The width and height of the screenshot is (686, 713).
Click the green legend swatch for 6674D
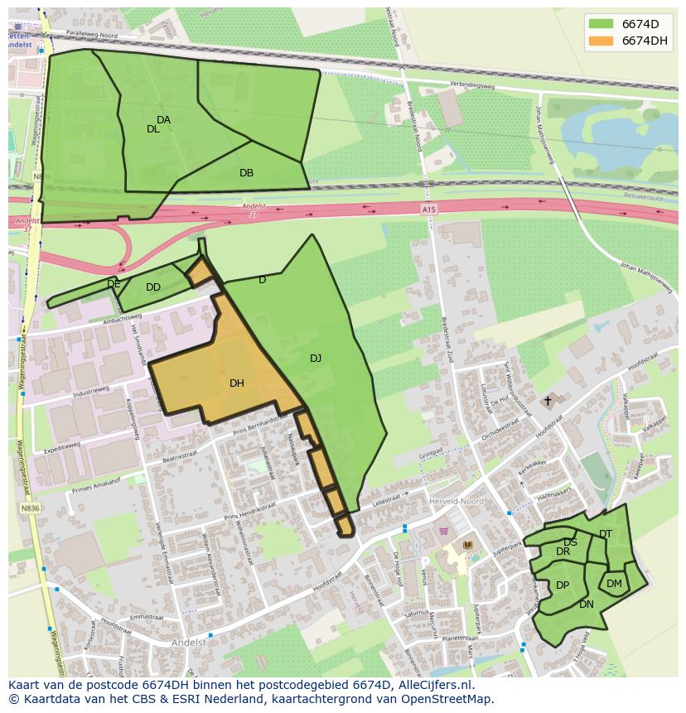pyautogui.click(x=602, y=24)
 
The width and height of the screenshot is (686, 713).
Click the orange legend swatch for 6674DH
pyautogui.click(x=602, y=41)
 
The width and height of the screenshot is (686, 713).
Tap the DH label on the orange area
pyautogui.click(x=237, y=383)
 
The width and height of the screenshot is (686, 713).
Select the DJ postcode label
pyautogui.click(x=316, y=359)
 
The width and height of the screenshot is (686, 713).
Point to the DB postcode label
pyautogui.click(x=246, y=173)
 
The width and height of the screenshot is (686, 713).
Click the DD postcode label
pyautogui.click(x=153, y=287)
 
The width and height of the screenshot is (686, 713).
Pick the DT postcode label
pyautogui.click(x=606, y=534)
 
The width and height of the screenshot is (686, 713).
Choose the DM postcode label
pyautogui.click(x=614, y=584)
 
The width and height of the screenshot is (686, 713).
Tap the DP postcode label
pyautogui.click(x=563, y=585)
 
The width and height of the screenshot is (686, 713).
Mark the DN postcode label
pyautogui.click(x=587, y=605)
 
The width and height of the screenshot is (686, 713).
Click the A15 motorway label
pyautogui.click(x=428, y=210)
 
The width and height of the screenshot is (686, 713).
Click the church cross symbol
pyautogui.click(x=547, y=401)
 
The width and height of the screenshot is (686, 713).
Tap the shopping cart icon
pyautogui.click(x=444, y=531)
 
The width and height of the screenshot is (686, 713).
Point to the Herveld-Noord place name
pyautogui.click(x=456, y=502)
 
